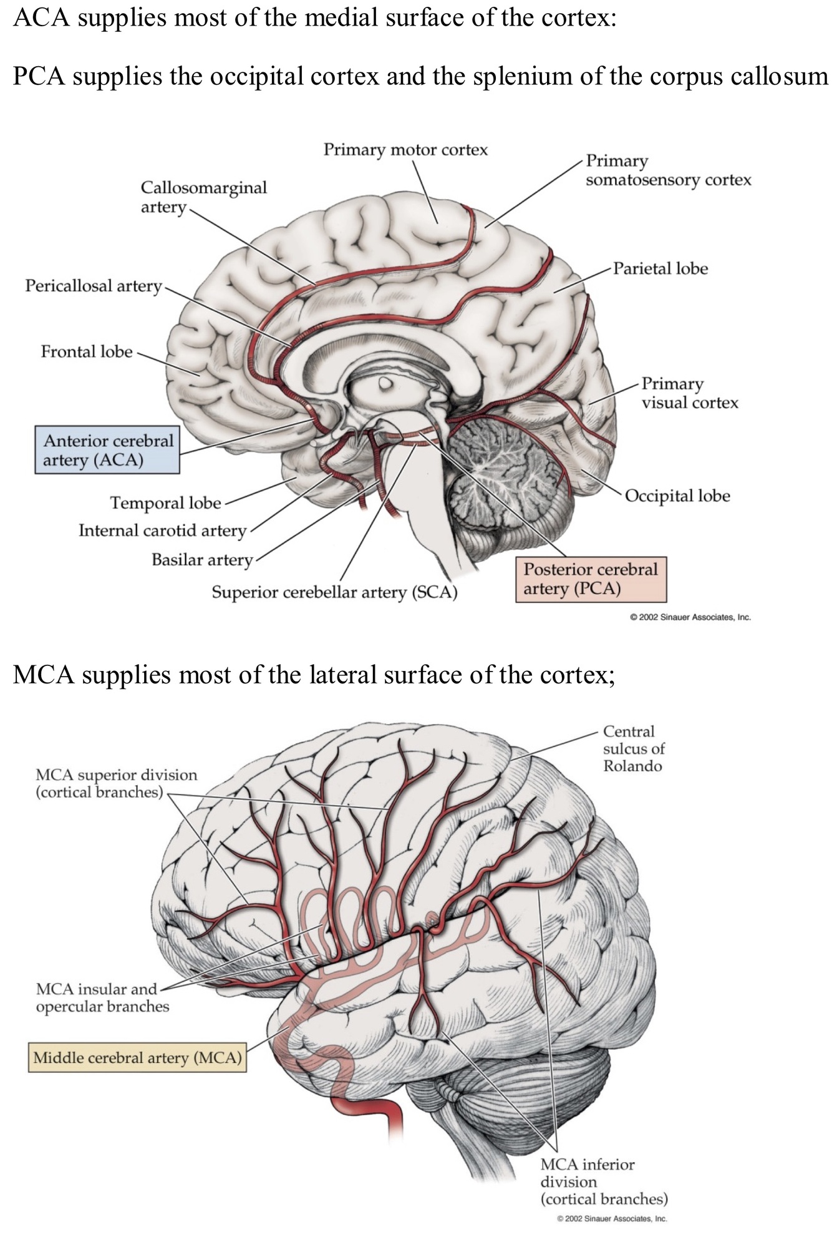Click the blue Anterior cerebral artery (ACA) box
[x=107, y=450]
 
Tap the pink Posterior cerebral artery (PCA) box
[x=590, y=579]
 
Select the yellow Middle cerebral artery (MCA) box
[x=137, y=1057]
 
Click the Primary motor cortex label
[x=405, y=150]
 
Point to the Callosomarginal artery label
[x=203, y=197]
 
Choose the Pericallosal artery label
[x=94, y=286]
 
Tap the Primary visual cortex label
[x=689, y=393]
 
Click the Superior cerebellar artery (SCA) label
[x=334, y=592]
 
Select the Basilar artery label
[x=202, y=559]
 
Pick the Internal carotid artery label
[x=162, y=531]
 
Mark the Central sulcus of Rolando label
[x=634, y=748]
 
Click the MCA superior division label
[x=116, y=783]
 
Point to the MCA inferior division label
[x=603, y=1181]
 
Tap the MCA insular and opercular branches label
[x=102, y=997]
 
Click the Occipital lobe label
[x=677, y=496]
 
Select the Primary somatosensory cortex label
[x=668, y=170]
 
